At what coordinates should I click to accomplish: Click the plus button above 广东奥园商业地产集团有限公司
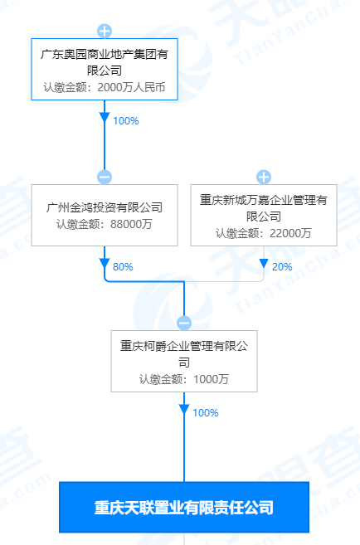(x=105, y=32)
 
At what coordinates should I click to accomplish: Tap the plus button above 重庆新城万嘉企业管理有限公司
(x=264, y=178)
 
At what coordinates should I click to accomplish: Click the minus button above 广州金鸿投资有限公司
(x=105, y=178)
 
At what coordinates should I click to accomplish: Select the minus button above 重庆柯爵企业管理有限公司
(x=184, y=324)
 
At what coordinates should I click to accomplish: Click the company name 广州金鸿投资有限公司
(x=105, y=207)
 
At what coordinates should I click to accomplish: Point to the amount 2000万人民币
(x=131, y=87)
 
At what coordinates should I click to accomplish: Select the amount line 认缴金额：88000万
(x=105, y=224)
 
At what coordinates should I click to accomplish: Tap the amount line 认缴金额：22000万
(x=264, y=233)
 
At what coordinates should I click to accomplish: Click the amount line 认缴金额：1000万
(x=184, y=379)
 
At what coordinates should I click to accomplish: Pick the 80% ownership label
(x=123, y=266)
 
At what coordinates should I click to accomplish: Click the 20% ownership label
(x=282, y=266)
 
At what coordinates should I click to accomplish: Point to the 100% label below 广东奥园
(x=126, y=120)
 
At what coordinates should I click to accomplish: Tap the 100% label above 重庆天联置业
(x=206, y=412)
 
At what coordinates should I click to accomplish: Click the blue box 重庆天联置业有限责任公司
(x=184, y=507)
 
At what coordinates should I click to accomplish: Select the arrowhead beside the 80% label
(x=105, y=263)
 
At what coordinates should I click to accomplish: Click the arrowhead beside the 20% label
(x=264, y=263)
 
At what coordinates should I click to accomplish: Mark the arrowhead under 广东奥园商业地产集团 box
(x=105, y=117)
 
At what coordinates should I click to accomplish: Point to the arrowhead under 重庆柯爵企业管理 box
(x=184, y=409)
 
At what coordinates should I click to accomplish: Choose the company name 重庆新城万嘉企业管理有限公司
(x=264, y=208)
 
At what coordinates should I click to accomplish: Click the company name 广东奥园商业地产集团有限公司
(x=105, y=62)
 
